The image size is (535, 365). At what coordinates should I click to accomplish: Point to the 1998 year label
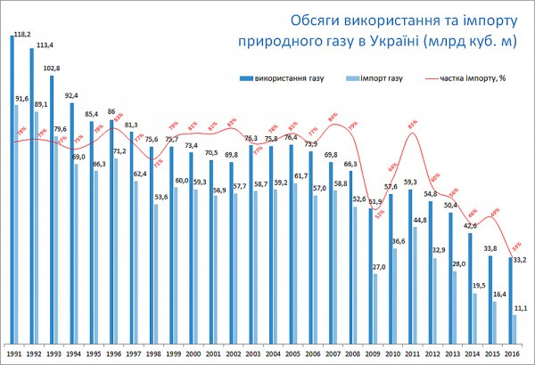153,355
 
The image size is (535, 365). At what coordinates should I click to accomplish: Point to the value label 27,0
378,267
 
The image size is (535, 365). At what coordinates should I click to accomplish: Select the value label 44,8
418,220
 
